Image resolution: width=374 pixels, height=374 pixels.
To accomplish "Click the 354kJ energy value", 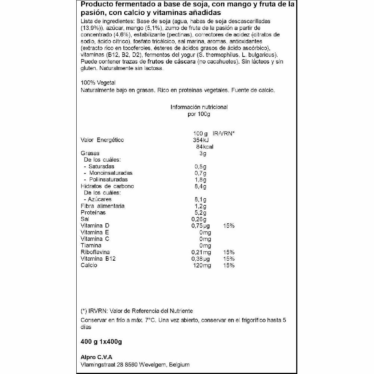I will tap(200, 140).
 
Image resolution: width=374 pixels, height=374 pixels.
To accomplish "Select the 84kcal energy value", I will tap(202, 147).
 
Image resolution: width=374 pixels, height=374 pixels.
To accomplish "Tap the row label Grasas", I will tap(90, 153).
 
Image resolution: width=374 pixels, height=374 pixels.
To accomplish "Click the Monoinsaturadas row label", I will tap(110, 173).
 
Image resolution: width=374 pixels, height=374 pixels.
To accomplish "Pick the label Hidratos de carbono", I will tap(107, 186).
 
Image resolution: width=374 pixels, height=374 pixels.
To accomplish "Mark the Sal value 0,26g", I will tap(199, 219).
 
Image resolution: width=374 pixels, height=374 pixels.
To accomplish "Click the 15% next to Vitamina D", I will tap(228, 226).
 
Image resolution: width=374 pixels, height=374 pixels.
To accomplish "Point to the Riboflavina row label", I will tap(95, 252).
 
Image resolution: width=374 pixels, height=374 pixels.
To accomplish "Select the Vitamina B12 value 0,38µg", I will tap(201, 259).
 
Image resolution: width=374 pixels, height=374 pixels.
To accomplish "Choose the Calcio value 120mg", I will tap(202, 265).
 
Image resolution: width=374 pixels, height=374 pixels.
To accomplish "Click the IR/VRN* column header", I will tap(223, 134).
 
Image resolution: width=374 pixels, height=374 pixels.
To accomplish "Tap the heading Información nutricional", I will tap(199, 107).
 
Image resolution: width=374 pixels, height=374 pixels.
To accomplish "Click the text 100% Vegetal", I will tap(98, 83).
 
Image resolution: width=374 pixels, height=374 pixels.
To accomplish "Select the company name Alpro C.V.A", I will tap(96, 356).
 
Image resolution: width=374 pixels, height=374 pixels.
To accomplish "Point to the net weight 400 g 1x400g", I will tap(102, 341).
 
